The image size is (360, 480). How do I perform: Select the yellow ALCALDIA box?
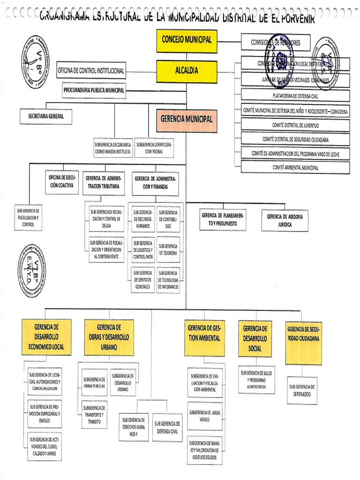[x=187, y=71]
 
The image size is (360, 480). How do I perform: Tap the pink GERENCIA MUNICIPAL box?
[x=187, y=119]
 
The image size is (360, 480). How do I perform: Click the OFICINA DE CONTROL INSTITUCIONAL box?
[x=91, y=71]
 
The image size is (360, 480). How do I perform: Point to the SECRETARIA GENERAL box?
[x=46, y=116]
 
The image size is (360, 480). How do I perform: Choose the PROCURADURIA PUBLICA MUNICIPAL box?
[x=94, y=90]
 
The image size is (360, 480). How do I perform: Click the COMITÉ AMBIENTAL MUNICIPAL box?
[x=295, y=167]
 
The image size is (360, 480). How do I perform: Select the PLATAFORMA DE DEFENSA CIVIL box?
[x=295, y=96]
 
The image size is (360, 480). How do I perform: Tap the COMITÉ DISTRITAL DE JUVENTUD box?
[x=295, y=125]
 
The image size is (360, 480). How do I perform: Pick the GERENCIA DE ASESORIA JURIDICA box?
[x=285, y=220]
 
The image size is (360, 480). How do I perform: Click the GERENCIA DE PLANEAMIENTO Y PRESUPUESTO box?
[x=223, y=220]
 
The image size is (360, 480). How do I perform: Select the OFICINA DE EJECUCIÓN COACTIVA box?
[x=61, y=181]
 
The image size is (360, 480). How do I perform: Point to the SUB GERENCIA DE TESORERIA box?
[x=168, y=249]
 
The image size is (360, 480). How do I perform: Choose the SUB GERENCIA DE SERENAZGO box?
[x=302, y=390]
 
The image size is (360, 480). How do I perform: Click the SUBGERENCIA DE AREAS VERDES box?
[x=205, y=416]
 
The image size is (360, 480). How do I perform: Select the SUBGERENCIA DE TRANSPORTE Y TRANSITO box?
[x=94, y=414]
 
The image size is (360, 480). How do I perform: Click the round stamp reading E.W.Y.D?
[x=33, y=270]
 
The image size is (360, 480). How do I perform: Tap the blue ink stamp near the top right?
[x=280, y=61]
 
